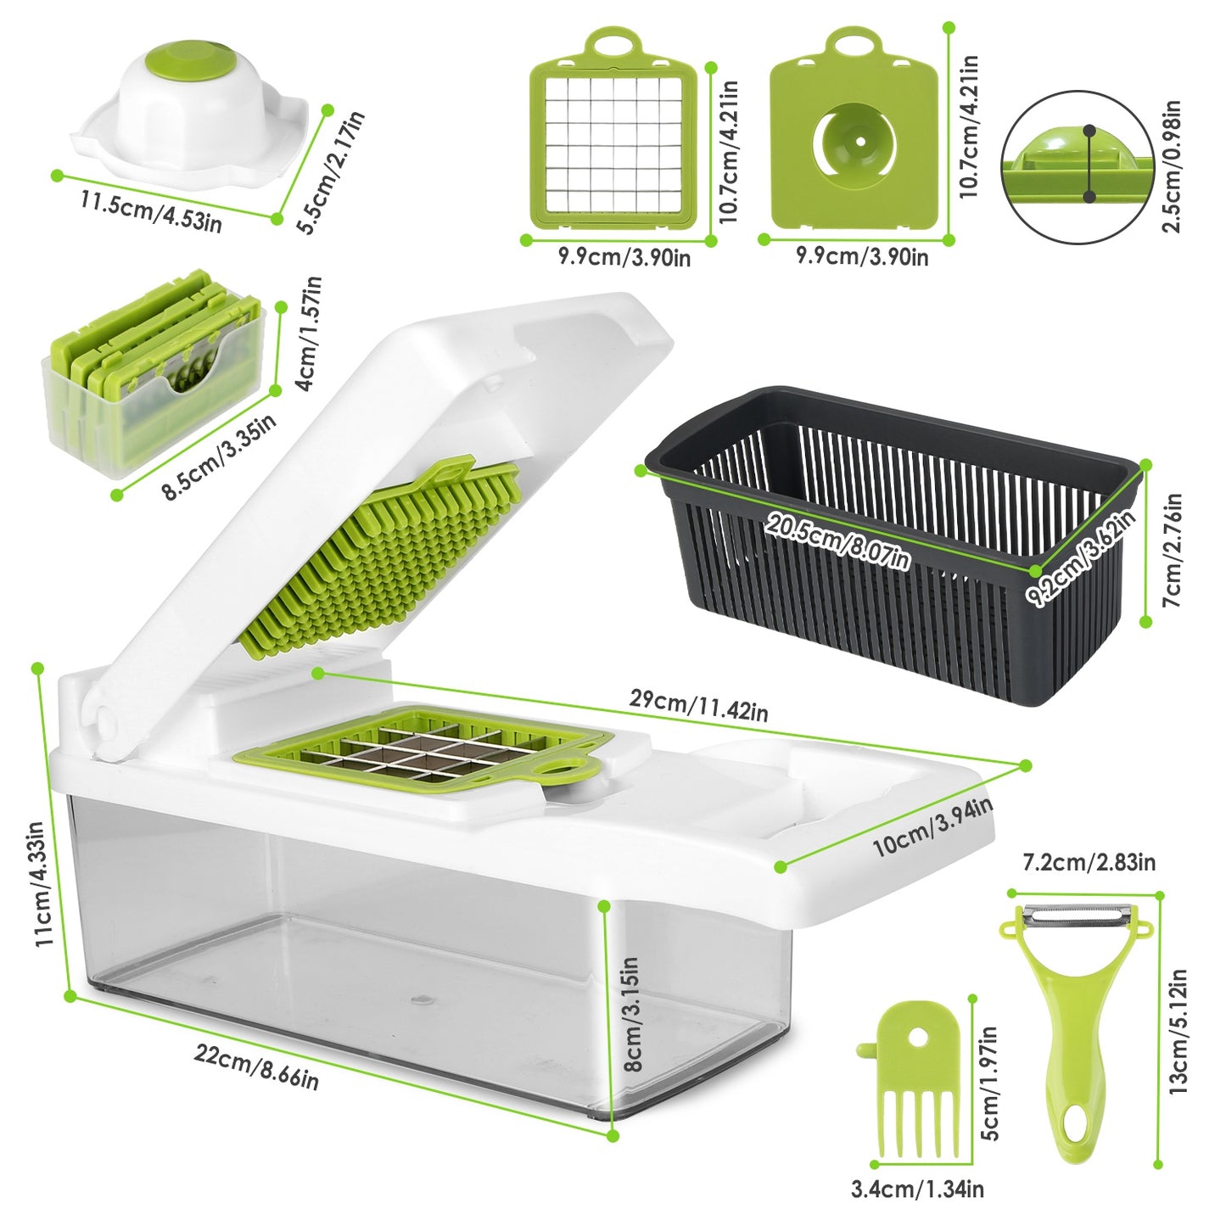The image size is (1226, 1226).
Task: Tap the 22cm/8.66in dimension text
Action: click(x=256, y=1066)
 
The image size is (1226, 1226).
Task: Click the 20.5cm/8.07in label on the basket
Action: click(x=837, y=541)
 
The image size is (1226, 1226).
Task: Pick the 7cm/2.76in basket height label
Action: click(x=1172, y=550)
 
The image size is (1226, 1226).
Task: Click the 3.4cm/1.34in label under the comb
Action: click(x=917, y=1189)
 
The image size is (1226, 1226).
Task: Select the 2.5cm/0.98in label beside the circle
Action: click(x=1172, y=167)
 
